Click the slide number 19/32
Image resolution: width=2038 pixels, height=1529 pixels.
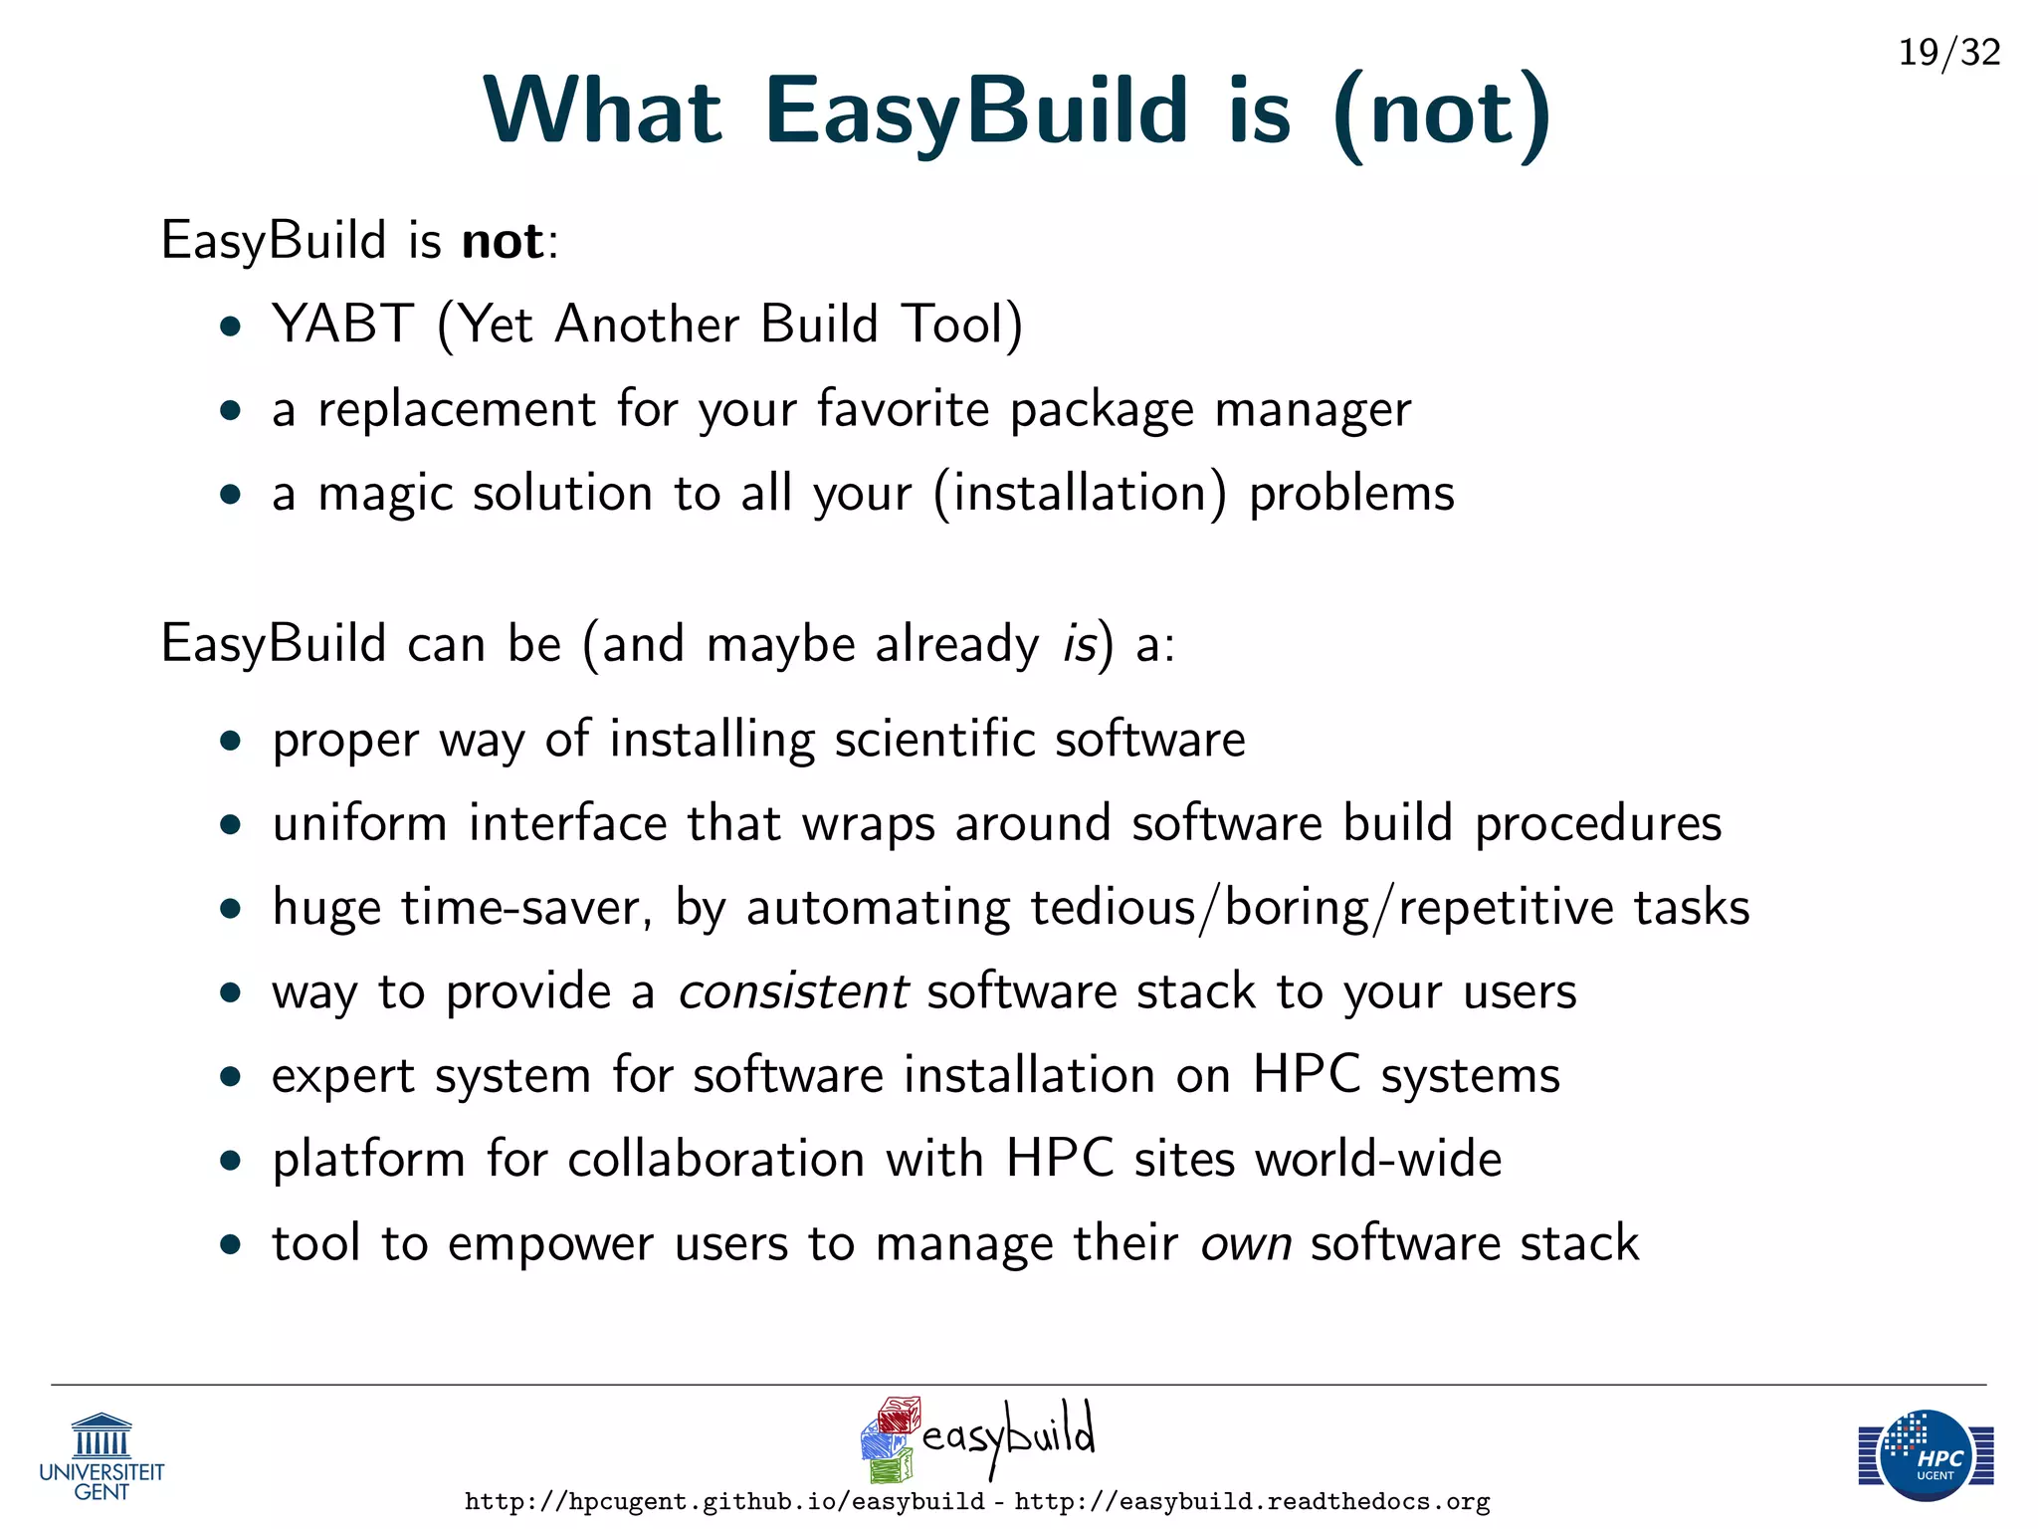tap(1948, 52)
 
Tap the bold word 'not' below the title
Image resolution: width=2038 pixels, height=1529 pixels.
tap(503, 242)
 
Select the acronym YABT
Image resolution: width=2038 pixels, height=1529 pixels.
tap(342, 325)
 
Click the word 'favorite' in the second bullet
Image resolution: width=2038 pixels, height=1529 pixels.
tap(903, 409)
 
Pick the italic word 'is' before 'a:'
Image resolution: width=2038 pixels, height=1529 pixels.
tap(1079, 644)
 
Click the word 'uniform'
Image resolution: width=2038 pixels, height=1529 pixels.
tap(359, 824)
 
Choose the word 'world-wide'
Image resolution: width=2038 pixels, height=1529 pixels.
tap(1378, 1160)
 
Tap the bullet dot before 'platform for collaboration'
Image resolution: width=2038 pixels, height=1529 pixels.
tap(232, 1161)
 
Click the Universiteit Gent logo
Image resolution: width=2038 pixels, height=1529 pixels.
tap(102, 1456)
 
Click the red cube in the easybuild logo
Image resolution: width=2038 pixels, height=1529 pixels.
tap(900, 1415)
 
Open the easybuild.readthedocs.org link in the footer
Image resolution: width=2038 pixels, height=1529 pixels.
tap(1252, 1502)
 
